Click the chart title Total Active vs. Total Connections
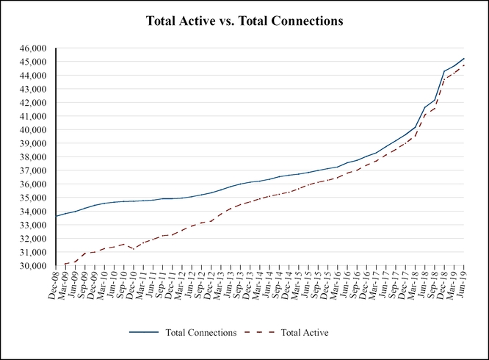(x=245, y=21)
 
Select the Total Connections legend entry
(x=201, y=333)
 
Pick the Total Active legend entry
(x=303, y=333)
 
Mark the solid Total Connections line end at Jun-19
(x=464, y=58)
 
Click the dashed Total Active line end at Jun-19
(x=464, y=65)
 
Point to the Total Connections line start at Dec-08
(x=57, y=216)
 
